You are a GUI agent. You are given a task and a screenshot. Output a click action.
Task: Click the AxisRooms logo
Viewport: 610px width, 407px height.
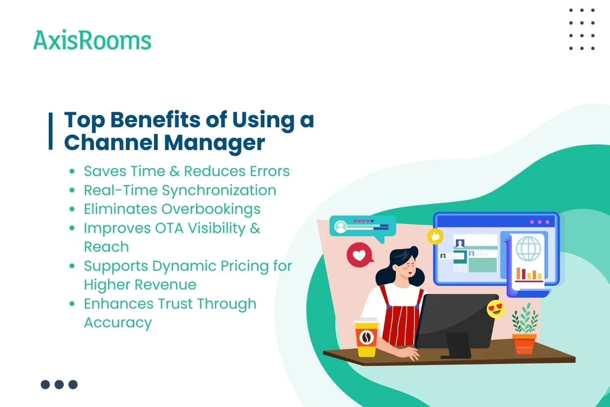click(92, 41)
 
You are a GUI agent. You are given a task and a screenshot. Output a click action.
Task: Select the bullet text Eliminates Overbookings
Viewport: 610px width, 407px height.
click(172, 209)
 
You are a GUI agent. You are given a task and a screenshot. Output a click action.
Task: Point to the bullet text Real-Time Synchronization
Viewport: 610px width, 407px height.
click(180, 190)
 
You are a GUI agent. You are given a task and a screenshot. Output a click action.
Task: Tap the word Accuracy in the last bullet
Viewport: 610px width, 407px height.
click(118, 323)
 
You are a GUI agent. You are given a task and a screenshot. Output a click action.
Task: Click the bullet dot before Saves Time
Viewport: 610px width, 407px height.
click(72, 171)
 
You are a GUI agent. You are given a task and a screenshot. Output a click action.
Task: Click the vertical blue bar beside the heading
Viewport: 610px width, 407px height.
click(51, 131)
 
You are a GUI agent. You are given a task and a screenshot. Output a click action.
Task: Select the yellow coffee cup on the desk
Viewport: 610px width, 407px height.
click(366, 337)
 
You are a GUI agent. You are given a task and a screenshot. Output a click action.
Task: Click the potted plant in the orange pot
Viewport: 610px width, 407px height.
click(525, 330)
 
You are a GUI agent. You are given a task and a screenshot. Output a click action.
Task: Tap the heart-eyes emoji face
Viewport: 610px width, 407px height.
click(496, 309)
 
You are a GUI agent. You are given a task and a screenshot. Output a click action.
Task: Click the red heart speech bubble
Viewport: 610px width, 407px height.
click(359, 255)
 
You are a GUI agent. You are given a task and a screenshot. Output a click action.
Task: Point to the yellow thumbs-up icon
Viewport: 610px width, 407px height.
click(435, 236)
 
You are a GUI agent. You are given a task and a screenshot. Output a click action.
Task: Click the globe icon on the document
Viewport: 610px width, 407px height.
click(528, 249)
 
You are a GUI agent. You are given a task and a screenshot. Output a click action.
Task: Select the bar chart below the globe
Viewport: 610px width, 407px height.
click(528, 274)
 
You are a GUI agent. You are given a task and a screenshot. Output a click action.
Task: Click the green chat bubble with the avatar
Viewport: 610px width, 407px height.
click(362, 226)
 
